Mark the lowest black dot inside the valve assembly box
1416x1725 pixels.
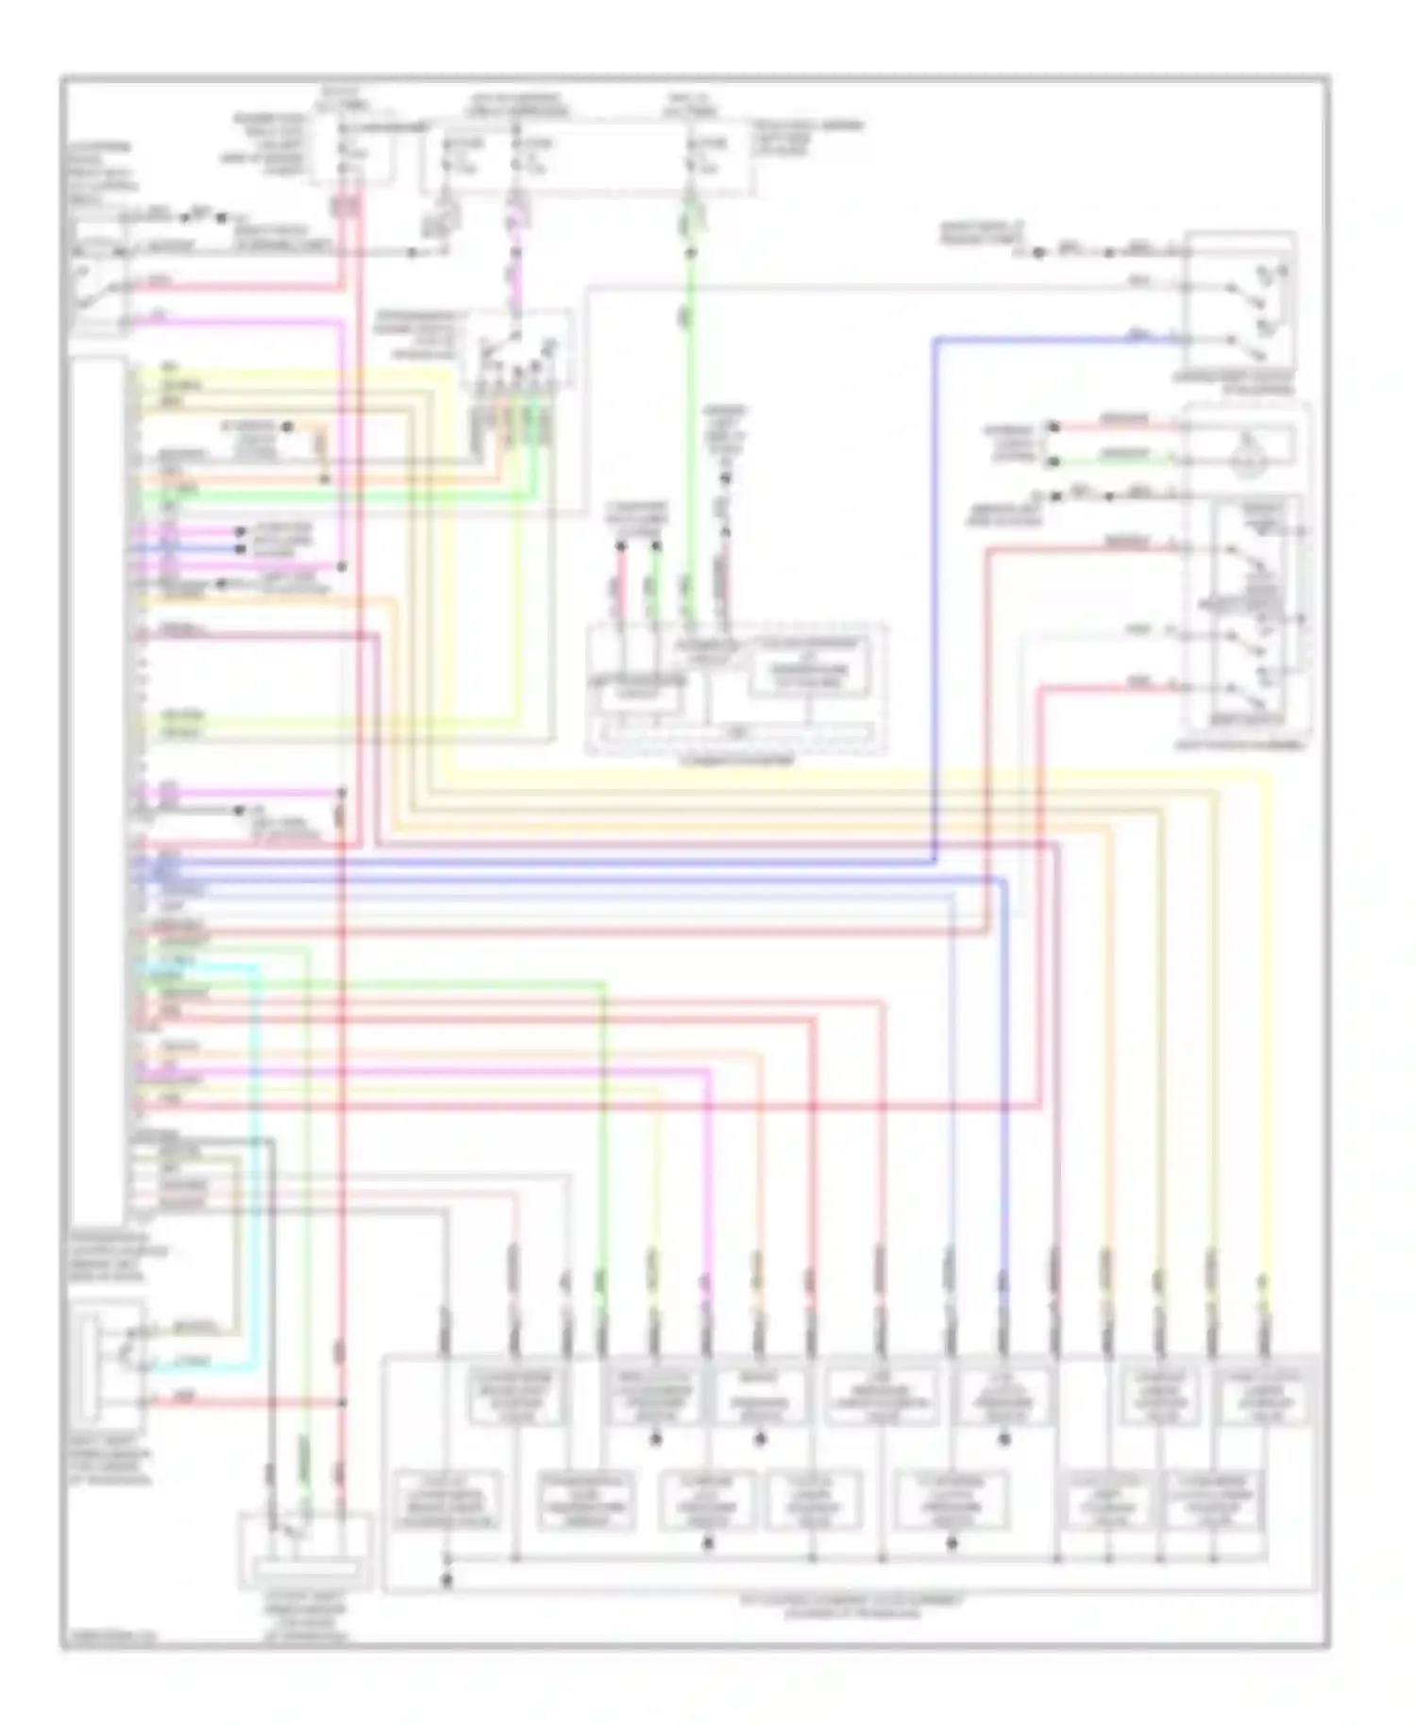(x=447, y=1578)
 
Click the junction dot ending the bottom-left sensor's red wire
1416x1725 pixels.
(x=342, y=1403)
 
